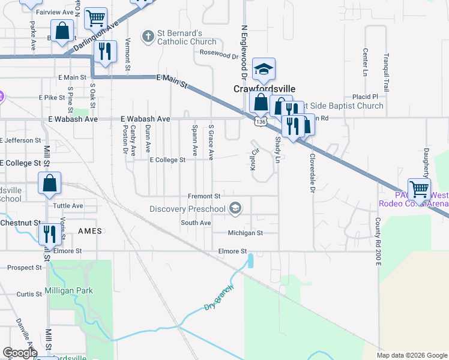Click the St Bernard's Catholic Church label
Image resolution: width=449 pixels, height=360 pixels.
pyautogui.click(x=186, y=37)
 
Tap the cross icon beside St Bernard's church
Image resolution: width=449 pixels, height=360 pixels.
pyautogui.click(x=148, y=37)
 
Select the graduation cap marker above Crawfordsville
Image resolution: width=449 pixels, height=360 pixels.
pyautogui.click(x=264, y=70)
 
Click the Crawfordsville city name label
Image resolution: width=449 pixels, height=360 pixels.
pyautogui.click(x=264, y=88)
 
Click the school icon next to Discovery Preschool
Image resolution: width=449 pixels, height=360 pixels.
pyautogui.click(x=235, y=209)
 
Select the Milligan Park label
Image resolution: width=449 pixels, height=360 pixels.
pyautogui.click(x=68, y=291)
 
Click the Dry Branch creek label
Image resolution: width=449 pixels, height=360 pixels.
pyautogui.click(x=217, y=297)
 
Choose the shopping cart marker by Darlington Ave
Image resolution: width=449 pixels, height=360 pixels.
pyautogui.click(x=95, y=19)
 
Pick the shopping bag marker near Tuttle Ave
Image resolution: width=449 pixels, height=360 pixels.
pyautogui.click(x=50, y=184)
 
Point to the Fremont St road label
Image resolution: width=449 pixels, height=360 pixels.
pyautogui.click(x=205, y=196)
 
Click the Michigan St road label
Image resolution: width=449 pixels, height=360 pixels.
pyautogui.click(x=245, y=233)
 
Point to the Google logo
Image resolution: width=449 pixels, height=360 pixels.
pyautogui.click(x=20, y=353)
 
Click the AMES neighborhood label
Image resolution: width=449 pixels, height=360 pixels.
pyautogui.click(x=89, y=231)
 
